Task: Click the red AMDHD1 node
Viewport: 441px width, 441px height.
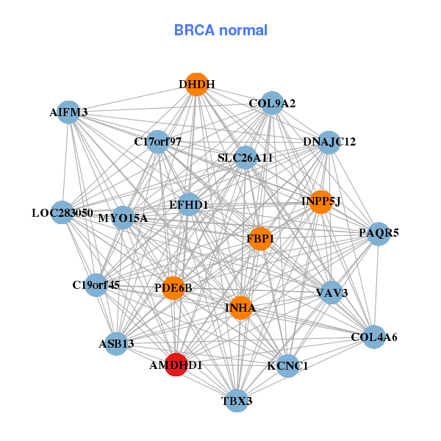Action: [175, 364]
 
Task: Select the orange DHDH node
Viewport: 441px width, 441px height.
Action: [196, 85]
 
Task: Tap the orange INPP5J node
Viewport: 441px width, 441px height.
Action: [320, 201]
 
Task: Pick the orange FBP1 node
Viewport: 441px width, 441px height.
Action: [260, 238]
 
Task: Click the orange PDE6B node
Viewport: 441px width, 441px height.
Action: [173, 287]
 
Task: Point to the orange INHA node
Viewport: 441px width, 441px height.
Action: [240, 307]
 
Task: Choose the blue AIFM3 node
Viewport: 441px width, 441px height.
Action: [68, 112]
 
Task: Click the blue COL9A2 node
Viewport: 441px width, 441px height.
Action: [272, 104]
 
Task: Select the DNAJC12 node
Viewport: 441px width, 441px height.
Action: [329, 142]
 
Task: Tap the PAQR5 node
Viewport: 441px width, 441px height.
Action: [379, 234]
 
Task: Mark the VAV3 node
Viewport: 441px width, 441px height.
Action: [331, 293]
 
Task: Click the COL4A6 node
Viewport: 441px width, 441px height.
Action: [373, 337]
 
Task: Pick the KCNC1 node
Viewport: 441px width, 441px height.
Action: [287, 365]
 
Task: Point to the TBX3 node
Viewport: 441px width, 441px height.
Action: [237, 400]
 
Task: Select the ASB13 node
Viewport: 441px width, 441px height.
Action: [116, 343]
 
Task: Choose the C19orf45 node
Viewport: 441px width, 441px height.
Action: [96, 284]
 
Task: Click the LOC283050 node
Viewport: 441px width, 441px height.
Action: [62, 213]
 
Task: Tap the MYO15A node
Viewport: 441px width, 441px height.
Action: [123, 218]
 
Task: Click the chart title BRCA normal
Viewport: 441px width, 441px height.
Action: [220, 31]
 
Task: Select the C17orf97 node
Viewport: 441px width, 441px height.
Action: [157, 141]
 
